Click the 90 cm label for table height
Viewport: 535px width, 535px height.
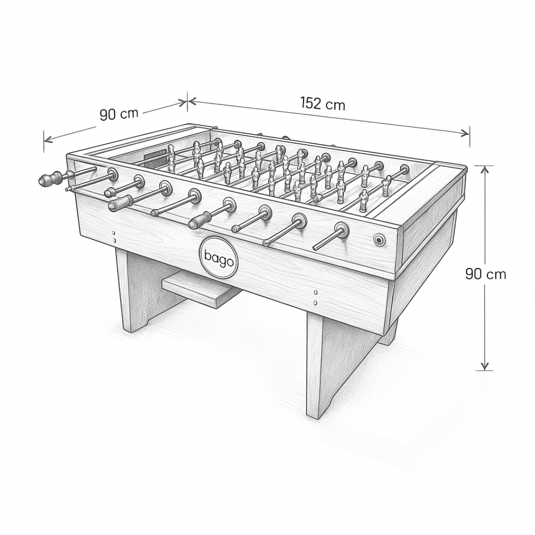click(485, 273)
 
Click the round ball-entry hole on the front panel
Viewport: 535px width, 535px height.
click(379, 240)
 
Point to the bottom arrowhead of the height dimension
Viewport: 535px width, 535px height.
click(484, 366)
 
